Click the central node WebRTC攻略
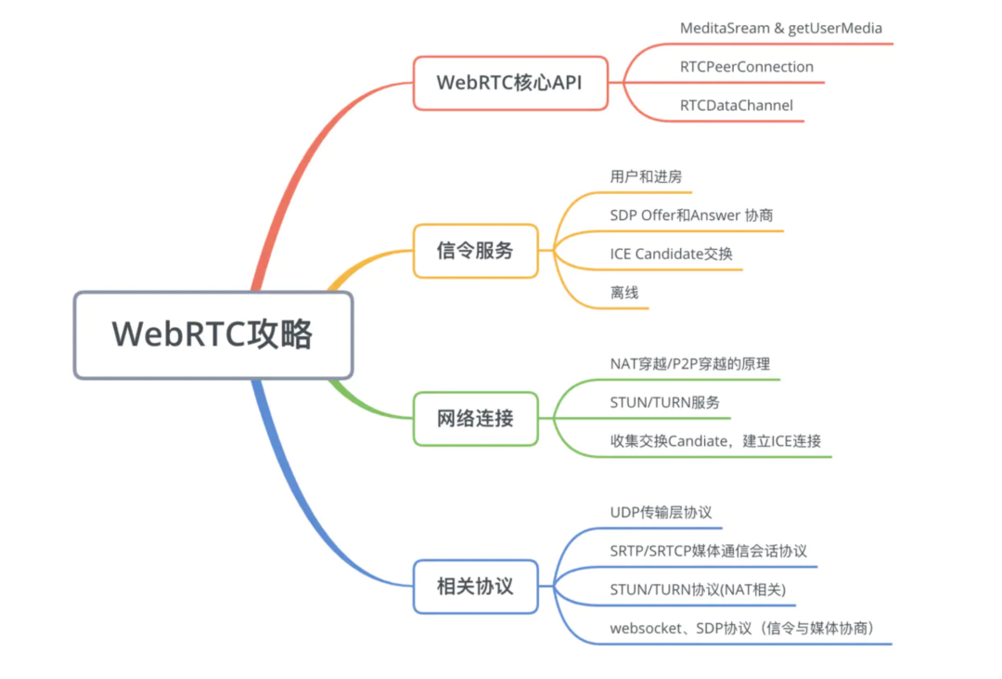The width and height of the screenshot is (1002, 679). click(x=212, y=334)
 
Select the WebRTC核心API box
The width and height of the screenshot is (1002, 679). click(x=510, y=83)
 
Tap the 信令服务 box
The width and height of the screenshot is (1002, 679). click(x=475, y=251)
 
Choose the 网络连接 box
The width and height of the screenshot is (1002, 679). click(x=475, y=419)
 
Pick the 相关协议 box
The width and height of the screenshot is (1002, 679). click(x=475, y=587)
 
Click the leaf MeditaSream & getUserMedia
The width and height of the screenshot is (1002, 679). click(x=780, y=28)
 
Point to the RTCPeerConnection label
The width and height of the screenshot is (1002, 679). click(x=746, y=67)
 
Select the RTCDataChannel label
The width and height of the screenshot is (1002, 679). click(x=736, y=106)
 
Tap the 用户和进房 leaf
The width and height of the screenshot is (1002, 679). click(x=646, y=176)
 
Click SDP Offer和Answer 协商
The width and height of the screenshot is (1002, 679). click(x=691, y=215)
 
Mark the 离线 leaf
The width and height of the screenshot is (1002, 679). click(x=624, y=293)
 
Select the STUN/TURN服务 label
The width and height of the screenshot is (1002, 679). click(x=664, y=403)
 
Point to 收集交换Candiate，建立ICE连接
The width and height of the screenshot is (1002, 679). click(x=715, y=441)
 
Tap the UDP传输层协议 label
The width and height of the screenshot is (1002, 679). click(x=661, y=513)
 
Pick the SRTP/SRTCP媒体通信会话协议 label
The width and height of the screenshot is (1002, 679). click(x=708, y=551)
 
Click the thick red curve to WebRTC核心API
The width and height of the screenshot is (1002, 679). click(x=297, y=176)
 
